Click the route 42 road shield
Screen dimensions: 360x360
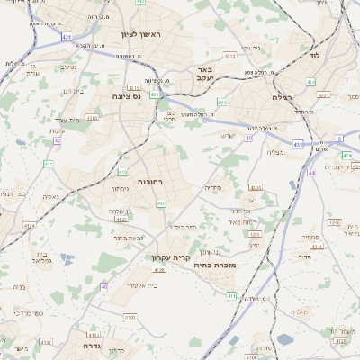57,140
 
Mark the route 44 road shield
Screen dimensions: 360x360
311,172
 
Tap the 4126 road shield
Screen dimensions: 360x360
160,270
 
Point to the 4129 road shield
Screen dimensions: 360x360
316,243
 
